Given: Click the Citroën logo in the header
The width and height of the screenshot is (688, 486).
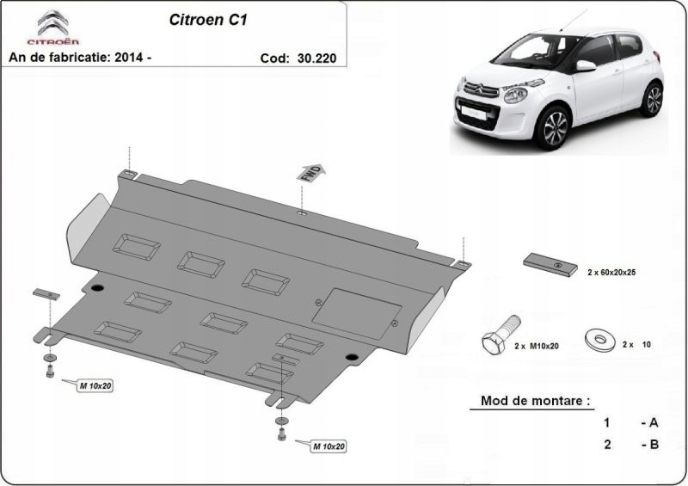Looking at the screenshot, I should [x=52, y=28].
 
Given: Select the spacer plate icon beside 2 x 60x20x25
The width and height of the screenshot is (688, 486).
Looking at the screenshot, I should [x=548, y=265].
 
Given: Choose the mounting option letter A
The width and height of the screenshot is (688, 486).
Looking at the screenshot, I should [x=654, y=423].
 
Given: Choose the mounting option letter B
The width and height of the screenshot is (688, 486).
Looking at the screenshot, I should [x=654, y=445].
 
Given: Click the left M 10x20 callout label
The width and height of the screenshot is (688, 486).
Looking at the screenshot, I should [x=95, y=386].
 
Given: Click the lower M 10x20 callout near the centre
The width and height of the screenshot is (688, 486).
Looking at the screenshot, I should [x=328, y=446].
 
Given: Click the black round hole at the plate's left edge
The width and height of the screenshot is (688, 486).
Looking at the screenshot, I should [x=95, y=286].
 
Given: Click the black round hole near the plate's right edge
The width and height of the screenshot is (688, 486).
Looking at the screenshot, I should [x=350, y=358].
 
